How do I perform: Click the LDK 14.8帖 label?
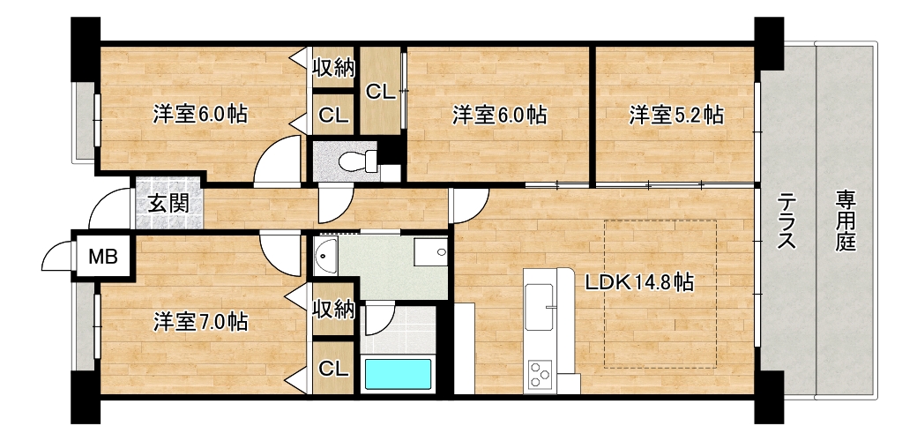point(639,283)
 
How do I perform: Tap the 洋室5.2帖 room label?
point(676,115)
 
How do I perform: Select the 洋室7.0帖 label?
point(200,322)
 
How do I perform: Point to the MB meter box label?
point(103,256)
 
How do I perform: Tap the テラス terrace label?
point(787,222)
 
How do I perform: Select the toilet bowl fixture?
point(358,161)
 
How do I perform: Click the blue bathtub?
point(398,374)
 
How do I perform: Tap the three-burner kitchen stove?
point(541,374)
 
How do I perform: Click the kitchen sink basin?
point(540,306)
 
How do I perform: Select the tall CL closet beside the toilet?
point(379,91)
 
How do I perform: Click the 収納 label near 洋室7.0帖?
point(333,309)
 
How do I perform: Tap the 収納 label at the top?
point(333,68)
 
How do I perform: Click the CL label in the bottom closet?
point(333,369)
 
